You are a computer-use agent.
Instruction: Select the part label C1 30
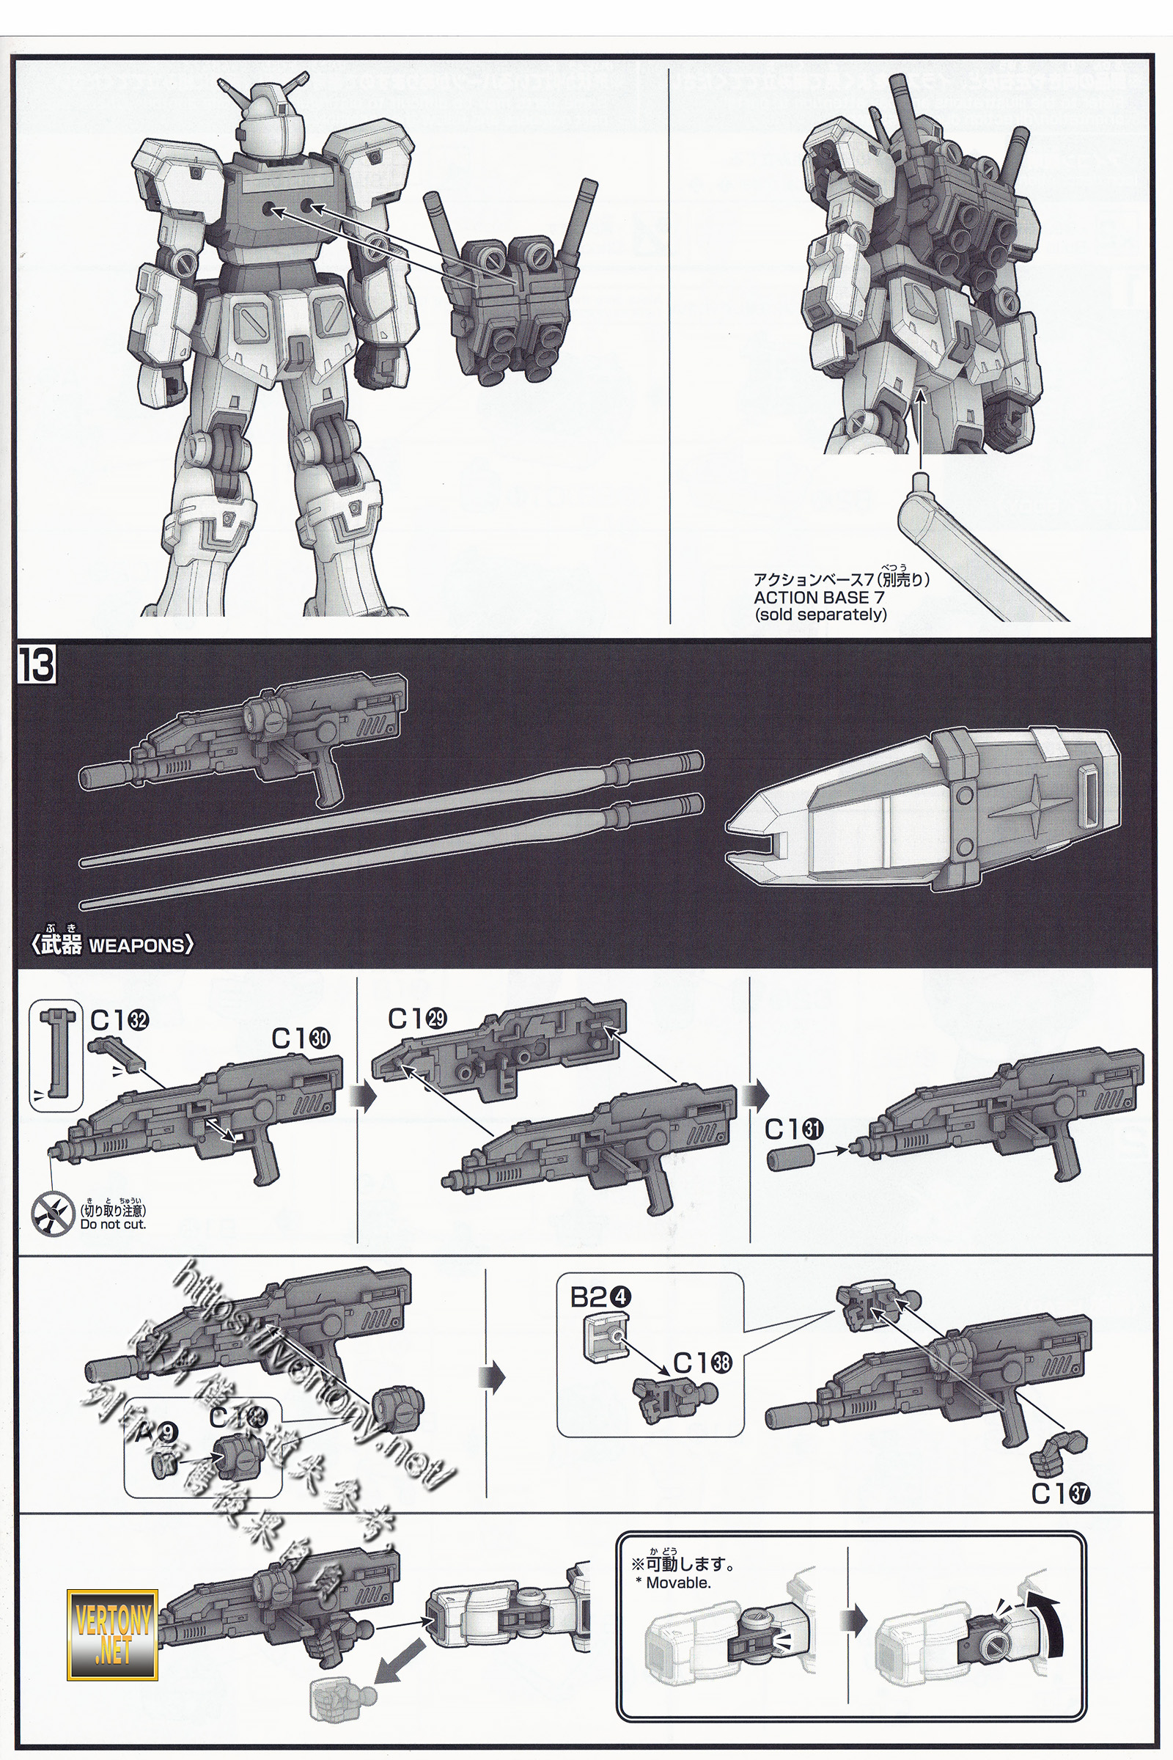tap(300, 1038)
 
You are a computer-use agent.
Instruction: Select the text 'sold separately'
tap(821, 615)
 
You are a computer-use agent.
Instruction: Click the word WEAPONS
tap(136, 945)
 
